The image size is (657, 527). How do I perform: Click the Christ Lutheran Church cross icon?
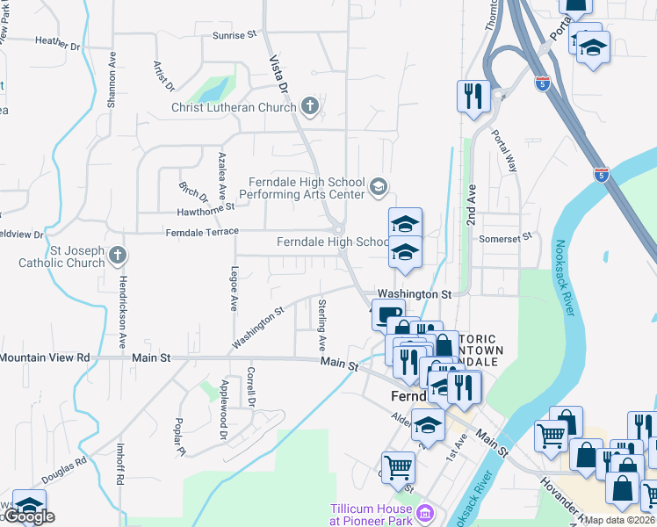tap(309, 107)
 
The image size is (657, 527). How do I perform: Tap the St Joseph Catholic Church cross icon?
tap(118, 256)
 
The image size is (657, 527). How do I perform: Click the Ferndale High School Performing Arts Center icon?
tap(379, 185)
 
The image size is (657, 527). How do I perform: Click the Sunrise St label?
tap(234, 35)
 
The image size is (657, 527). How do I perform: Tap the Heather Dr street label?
tap(57, 41)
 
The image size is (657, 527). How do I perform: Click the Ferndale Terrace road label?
tap(203, 231)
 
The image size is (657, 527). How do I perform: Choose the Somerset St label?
tap(506, 237)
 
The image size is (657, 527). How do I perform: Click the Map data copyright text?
tap(620, 520)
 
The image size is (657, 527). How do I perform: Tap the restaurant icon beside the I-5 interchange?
tap(473, 97)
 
